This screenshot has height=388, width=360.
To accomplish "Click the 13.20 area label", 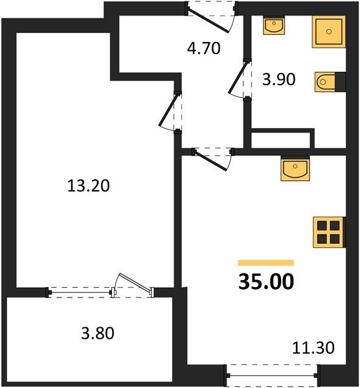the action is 89,186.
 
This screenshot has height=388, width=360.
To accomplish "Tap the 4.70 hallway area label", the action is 204,48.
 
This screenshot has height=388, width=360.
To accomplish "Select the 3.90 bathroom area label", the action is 278,80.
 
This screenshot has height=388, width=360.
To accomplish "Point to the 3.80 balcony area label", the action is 98,333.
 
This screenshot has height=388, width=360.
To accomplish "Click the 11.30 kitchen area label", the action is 313,348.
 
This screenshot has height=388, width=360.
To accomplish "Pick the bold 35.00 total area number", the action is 266,281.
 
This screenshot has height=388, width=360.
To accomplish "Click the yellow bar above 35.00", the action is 266,263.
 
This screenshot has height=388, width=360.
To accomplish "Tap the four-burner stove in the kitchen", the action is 329,232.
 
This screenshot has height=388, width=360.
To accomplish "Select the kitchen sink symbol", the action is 295,169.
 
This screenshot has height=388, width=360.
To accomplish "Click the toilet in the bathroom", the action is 325,82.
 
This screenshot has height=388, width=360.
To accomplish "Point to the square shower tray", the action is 329,32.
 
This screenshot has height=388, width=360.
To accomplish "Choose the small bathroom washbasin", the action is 274,25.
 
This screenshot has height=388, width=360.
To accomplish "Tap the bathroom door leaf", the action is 238,78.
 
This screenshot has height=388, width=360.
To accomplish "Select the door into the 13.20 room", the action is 168,110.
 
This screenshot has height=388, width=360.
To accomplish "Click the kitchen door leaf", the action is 210,160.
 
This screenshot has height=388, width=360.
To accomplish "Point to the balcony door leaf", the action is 135,283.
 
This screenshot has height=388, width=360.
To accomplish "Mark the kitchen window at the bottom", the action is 272,375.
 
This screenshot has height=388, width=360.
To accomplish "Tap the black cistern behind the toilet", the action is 340,81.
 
